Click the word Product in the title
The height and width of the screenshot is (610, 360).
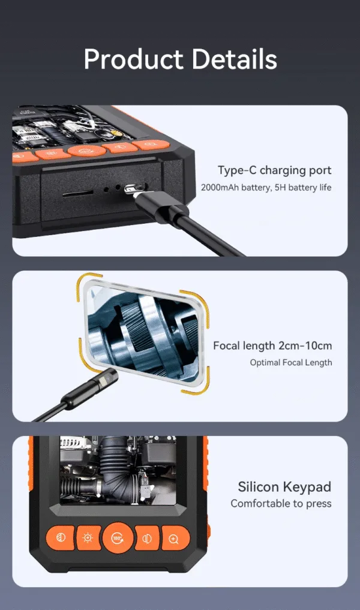coord(133,59)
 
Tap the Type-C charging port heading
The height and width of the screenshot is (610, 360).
coord(274,170)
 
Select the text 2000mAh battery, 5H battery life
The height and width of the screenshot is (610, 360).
coord(266,188)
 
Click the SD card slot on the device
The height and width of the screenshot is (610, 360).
coord(78,193)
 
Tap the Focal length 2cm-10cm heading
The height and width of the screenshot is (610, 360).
coord(272,345)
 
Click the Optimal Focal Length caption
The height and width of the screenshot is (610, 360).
coord(291,362)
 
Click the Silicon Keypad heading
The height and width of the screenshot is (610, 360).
coord(284,486)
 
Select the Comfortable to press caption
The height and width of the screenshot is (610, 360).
coord(281,503)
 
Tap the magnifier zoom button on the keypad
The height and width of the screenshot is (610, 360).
coord(175,539)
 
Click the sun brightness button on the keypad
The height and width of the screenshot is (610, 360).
coord(88,538)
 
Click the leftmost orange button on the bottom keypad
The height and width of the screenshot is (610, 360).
coord(61,538)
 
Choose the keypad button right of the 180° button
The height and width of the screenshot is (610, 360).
coord(147,539)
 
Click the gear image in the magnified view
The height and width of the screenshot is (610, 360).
coord(145,333)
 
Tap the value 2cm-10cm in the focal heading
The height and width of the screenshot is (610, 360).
coord(305,345)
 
